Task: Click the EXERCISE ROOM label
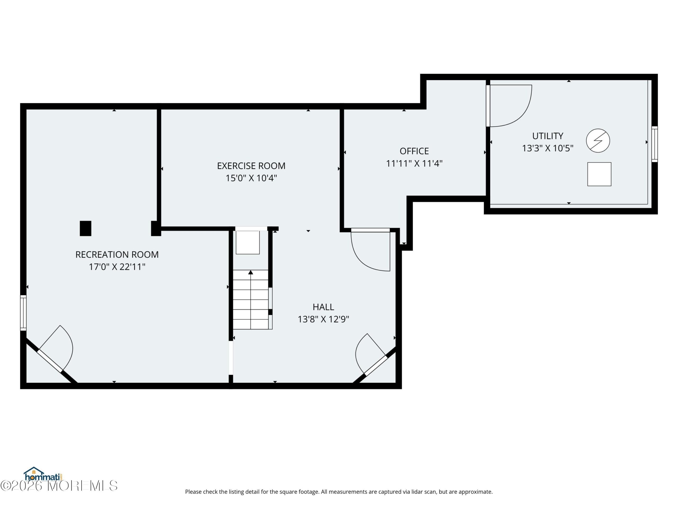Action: point(251,166)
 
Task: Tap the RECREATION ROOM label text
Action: point(117,254)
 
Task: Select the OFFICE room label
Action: point(414,151)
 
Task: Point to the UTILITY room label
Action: point(547,136)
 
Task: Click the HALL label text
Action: point(323,307)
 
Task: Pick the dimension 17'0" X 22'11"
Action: point(117,267)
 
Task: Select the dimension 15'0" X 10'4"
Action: point(251,178)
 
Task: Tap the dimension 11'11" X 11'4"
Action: point(414,164)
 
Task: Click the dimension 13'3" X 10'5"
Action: point(547,148)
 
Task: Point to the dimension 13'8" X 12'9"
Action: point(323,319)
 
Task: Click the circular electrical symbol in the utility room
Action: point(598,141)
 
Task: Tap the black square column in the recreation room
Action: point(86,229)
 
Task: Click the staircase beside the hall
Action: point(251,300)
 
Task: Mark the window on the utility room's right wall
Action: point(654,144)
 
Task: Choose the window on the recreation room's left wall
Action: point(23,313)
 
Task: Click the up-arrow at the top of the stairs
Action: point(251,272)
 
